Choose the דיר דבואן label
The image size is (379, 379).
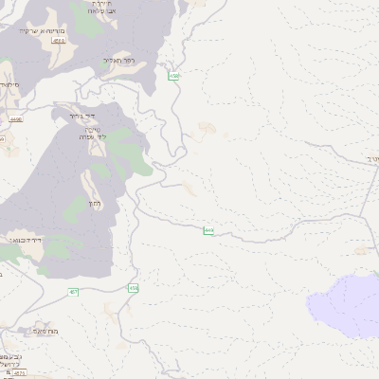[23, 240]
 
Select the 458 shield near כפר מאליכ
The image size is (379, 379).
[173, 76]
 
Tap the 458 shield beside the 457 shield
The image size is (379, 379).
[134, 287]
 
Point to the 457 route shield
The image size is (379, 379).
[74, 293]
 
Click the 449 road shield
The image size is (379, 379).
[208, 230]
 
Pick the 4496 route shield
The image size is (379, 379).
[14, 120]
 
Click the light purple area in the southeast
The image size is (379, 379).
[341, 303]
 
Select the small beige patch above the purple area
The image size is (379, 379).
[361, 250]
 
